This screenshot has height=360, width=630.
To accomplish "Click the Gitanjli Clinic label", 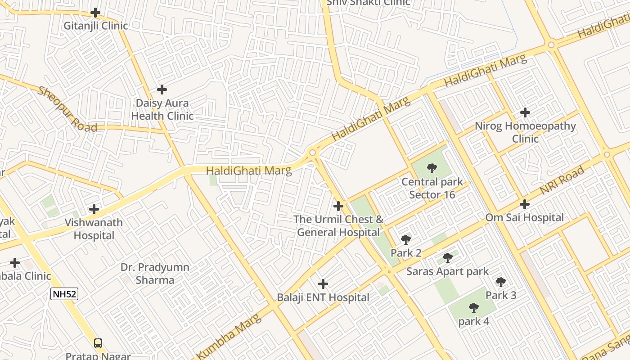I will (x=95, y=26).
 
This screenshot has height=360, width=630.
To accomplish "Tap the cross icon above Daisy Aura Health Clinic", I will (x=162, y=90).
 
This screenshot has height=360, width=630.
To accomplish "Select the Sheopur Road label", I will (x=67, y=109).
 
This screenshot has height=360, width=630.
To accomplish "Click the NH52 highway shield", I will (x=64, y=294).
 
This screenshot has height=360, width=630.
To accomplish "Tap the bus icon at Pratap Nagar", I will (x=98, y=343).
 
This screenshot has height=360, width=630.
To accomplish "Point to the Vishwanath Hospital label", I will (x=94, y=229).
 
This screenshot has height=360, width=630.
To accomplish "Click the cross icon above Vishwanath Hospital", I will (x=94, y=209).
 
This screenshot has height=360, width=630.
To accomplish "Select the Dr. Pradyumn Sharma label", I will (x=155, y=273).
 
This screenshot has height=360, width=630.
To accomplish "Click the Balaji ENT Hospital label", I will (x=323, y=297).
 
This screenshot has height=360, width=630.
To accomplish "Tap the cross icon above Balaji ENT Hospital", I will (x=323, y=284).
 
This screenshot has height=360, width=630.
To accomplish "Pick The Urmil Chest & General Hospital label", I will (x=338, y=225).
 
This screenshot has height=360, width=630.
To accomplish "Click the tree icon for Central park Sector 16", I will (x=432, y=169).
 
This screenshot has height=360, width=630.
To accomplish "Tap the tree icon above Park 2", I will (x=405, y=239).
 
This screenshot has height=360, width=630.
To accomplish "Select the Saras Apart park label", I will (x=447, y=271).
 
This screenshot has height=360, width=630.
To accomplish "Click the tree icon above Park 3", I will (x=500, y=282).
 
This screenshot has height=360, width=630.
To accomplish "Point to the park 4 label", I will (x=473, y=322).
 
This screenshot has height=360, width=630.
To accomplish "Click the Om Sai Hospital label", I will (x=524, y=217).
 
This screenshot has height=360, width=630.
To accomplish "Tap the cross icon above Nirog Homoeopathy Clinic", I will (x=525, y=112).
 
